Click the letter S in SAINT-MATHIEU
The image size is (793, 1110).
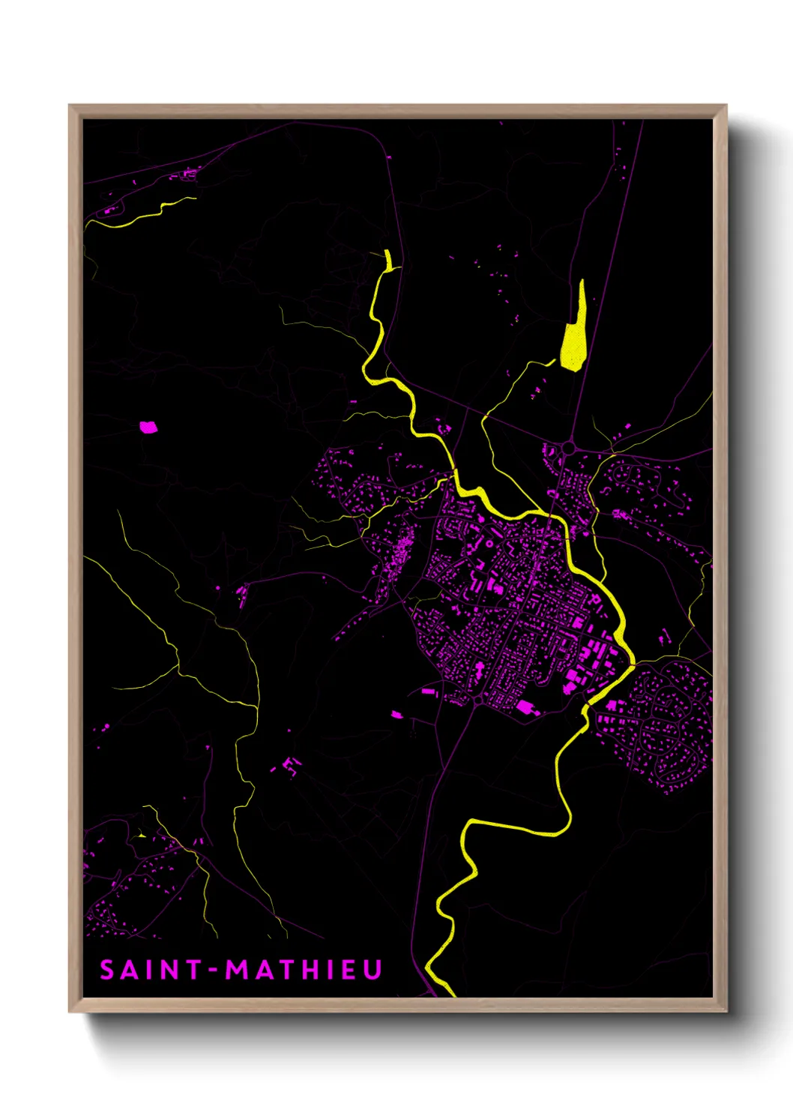107,970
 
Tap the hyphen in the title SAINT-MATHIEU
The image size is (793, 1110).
214,970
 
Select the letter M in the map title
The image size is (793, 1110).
238,970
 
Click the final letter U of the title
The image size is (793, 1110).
373,970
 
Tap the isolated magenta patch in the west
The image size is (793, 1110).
148,427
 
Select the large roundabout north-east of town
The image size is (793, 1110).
568,448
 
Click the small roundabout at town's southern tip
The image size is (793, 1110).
478,700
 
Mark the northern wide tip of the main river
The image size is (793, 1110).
388,259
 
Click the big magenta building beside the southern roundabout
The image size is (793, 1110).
526,706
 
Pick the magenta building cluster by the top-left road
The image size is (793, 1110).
186,175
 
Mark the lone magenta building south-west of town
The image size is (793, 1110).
396,715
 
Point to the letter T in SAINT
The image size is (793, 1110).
192,970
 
